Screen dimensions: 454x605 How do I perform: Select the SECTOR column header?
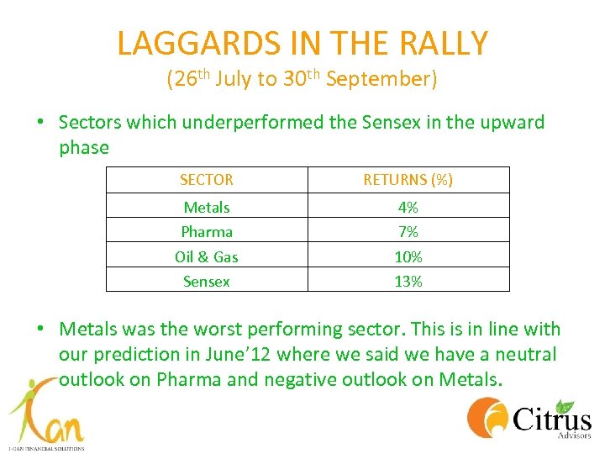click(x=206, y=180)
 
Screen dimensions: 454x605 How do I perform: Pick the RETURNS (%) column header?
click(x=408, y=180)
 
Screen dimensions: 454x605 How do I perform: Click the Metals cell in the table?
click(x=206, y=207)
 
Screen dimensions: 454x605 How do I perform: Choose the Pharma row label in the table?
click(x=206, y=231)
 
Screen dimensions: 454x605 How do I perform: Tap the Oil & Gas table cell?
click(x=206, y=256)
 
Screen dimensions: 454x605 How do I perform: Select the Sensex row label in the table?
click(x=206, y=282)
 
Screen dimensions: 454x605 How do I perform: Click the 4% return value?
click(x=408, y=207)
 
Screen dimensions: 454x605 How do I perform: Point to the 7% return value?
click(x=408, y=231)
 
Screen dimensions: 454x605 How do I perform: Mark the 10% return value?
click(x=408, y=256)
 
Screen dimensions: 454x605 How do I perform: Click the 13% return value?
click(x=408, y=282)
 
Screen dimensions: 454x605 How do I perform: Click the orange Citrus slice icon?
click(x=487, y=418)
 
